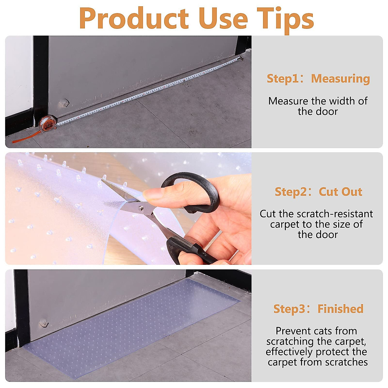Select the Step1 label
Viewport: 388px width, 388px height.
[283, 79]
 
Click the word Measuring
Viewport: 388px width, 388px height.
[340, 79]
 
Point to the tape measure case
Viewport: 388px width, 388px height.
[47, 124]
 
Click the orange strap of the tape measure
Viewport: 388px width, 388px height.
[26, 137]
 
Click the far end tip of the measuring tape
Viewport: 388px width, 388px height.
[241, 59]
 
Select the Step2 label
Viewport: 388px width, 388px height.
[291, 192]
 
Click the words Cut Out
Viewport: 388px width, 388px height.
[340, 192]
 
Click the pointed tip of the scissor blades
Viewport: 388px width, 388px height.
[103, 181]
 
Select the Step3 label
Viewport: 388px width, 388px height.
[290, 309]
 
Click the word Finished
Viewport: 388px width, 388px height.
[340, 309]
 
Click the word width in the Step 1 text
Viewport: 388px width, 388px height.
[333, 101]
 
